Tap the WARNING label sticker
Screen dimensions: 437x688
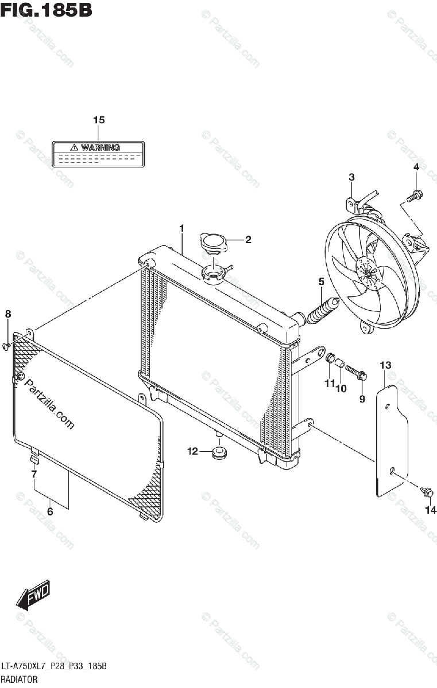[x=98, y=153]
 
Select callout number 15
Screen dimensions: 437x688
[x=99, y=120]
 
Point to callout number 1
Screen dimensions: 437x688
[x=181, y=229]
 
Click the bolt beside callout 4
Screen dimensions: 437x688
[x=414, y=196]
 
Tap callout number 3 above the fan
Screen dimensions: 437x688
[x=351, y=177]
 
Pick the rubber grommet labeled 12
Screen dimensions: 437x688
[x=219, y=452]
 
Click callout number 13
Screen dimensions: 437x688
[x=385, y=365]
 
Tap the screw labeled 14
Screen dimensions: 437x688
[x=428, y=492]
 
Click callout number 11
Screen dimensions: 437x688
[x=329, y=383]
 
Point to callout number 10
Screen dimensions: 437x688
[x=341, y=388]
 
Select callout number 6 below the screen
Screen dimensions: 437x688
[x=50, y=511]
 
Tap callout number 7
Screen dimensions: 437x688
[x=34, y=474]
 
